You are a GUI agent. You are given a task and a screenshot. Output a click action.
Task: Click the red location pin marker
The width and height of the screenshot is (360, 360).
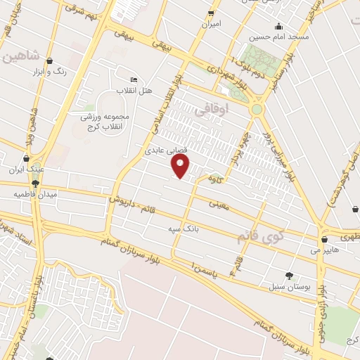181,167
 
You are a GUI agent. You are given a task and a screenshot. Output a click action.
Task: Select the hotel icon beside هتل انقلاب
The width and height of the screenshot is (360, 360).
134,79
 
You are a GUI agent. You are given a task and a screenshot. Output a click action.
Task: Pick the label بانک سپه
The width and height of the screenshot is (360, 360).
181,229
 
